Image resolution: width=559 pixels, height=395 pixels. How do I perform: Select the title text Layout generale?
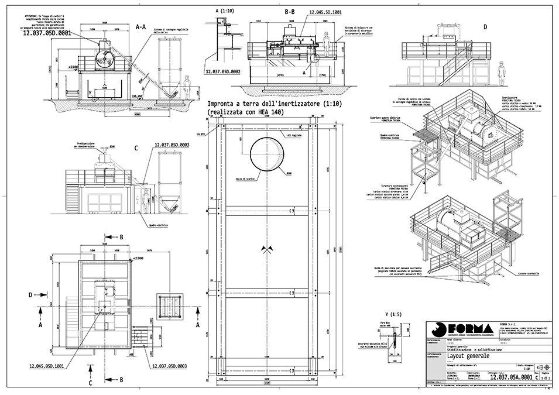click(469, 356)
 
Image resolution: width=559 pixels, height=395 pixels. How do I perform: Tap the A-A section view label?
click(140, 26)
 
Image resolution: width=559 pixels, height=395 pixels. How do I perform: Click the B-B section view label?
click(290, 12)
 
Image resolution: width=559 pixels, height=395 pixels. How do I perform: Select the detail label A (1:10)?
click(224, 11)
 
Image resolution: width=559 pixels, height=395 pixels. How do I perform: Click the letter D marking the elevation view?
click(485, 26)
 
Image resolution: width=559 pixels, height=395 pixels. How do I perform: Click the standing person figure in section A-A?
click(187, 88)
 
